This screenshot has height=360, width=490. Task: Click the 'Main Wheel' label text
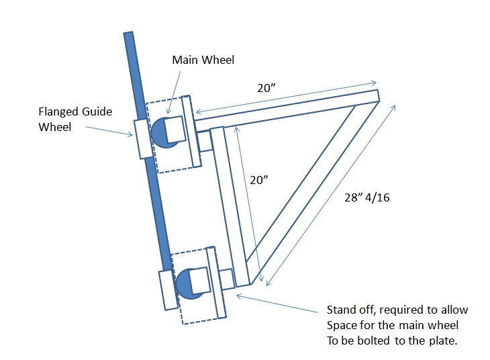point(203,60)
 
